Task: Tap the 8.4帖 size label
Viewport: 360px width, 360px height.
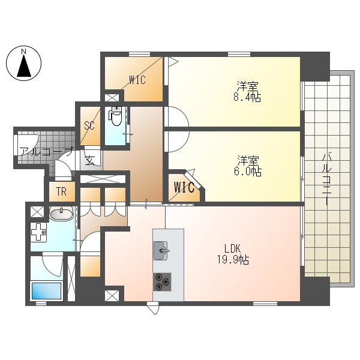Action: tap(248, 97)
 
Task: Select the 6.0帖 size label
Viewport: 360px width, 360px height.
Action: tap(248, 172)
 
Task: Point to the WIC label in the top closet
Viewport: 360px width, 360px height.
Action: tap(137, 80)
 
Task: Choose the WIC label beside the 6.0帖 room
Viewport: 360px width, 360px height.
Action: tap(184, 187)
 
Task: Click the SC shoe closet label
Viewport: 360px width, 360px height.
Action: tap(90, 125)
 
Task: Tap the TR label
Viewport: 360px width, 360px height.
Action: tap(61, 192)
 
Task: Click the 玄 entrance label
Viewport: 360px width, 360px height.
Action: tap(89, 160)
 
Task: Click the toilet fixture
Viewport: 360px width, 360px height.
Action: tap(116, 115)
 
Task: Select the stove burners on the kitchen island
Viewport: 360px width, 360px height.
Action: tap(162, 279)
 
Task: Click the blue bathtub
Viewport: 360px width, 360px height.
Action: tap(46, 292)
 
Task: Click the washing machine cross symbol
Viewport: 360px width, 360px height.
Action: tap(38, 232)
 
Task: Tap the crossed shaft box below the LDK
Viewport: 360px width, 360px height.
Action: tap(112, 295)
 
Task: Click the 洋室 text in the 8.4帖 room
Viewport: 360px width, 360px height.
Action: tap(247, 85)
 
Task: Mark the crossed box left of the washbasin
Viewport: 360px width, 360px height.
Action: tap(36, 211)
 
